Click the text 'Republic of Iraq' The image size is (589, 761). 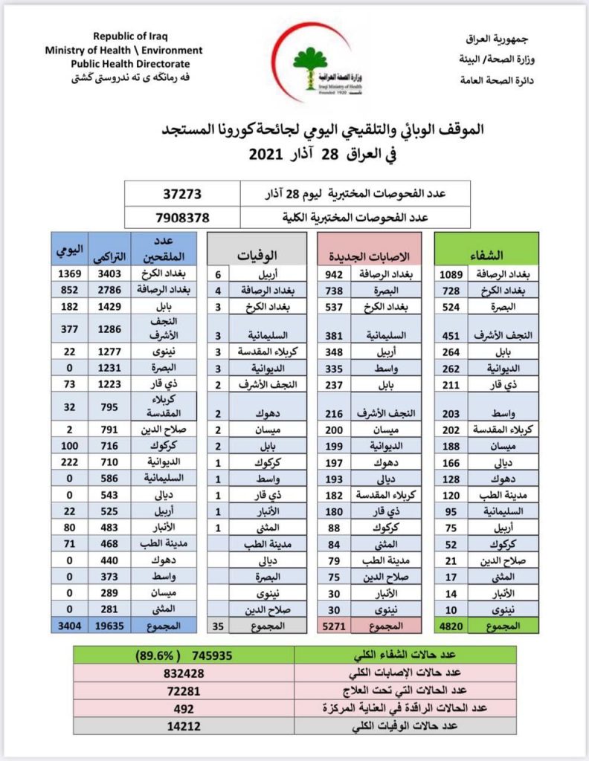(132, 36)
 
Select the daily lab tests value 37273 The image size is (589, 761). (182, 194)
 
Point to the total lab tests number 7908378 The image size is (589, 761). (182, 218)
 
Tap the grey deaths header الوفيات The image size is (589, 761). (257, 255)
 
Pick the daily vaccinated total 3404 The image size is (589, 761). (68, 626)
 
